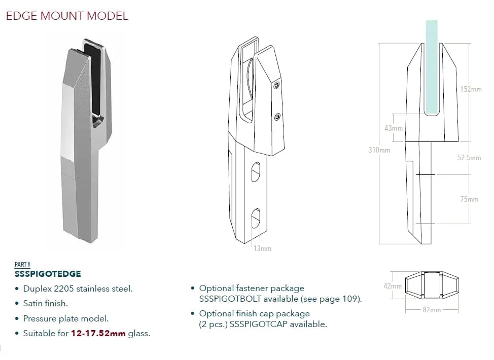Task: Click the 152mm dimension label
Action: pos(471,89)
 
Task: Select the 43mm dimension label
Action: pos(393,128)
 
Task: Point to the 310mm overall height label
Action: pos(379,150)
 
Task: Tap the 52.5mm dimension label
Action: pos(469,158)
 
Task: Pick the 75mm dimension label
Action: pos(469,199)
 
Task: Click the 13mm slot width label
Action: pos(262,248)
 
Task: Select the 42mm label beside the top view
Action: pos(393,286)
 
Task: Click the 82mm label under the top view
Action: pos(431,310)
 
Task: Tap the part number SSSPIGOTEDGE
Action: pos(48,274)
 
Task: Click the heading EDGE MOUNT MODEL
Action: pos(66,16)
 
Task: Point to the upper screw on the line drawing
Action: pos(276,87)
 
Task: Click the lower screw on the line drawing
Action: pos(277,118)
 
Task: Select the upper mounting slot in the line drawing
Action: pos(256,172)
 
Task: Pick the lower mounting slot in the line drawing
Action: pos(256,219)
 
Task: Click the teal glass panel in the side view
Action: pos(431,66)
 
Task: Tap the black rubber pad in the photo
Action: pos(94,76)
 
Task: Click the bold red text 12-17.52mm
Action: pos(98,334)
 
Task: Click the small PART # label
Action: pos(22,265)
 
